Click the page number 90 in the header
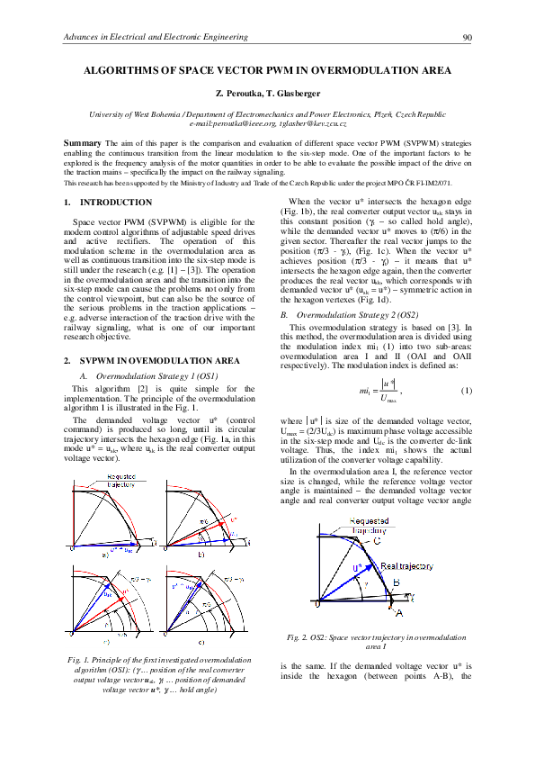(x=467, y=37)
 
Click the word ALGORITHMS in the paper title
(x=123, y=69)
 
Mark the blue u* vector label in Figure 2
(x=358, y=568)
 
